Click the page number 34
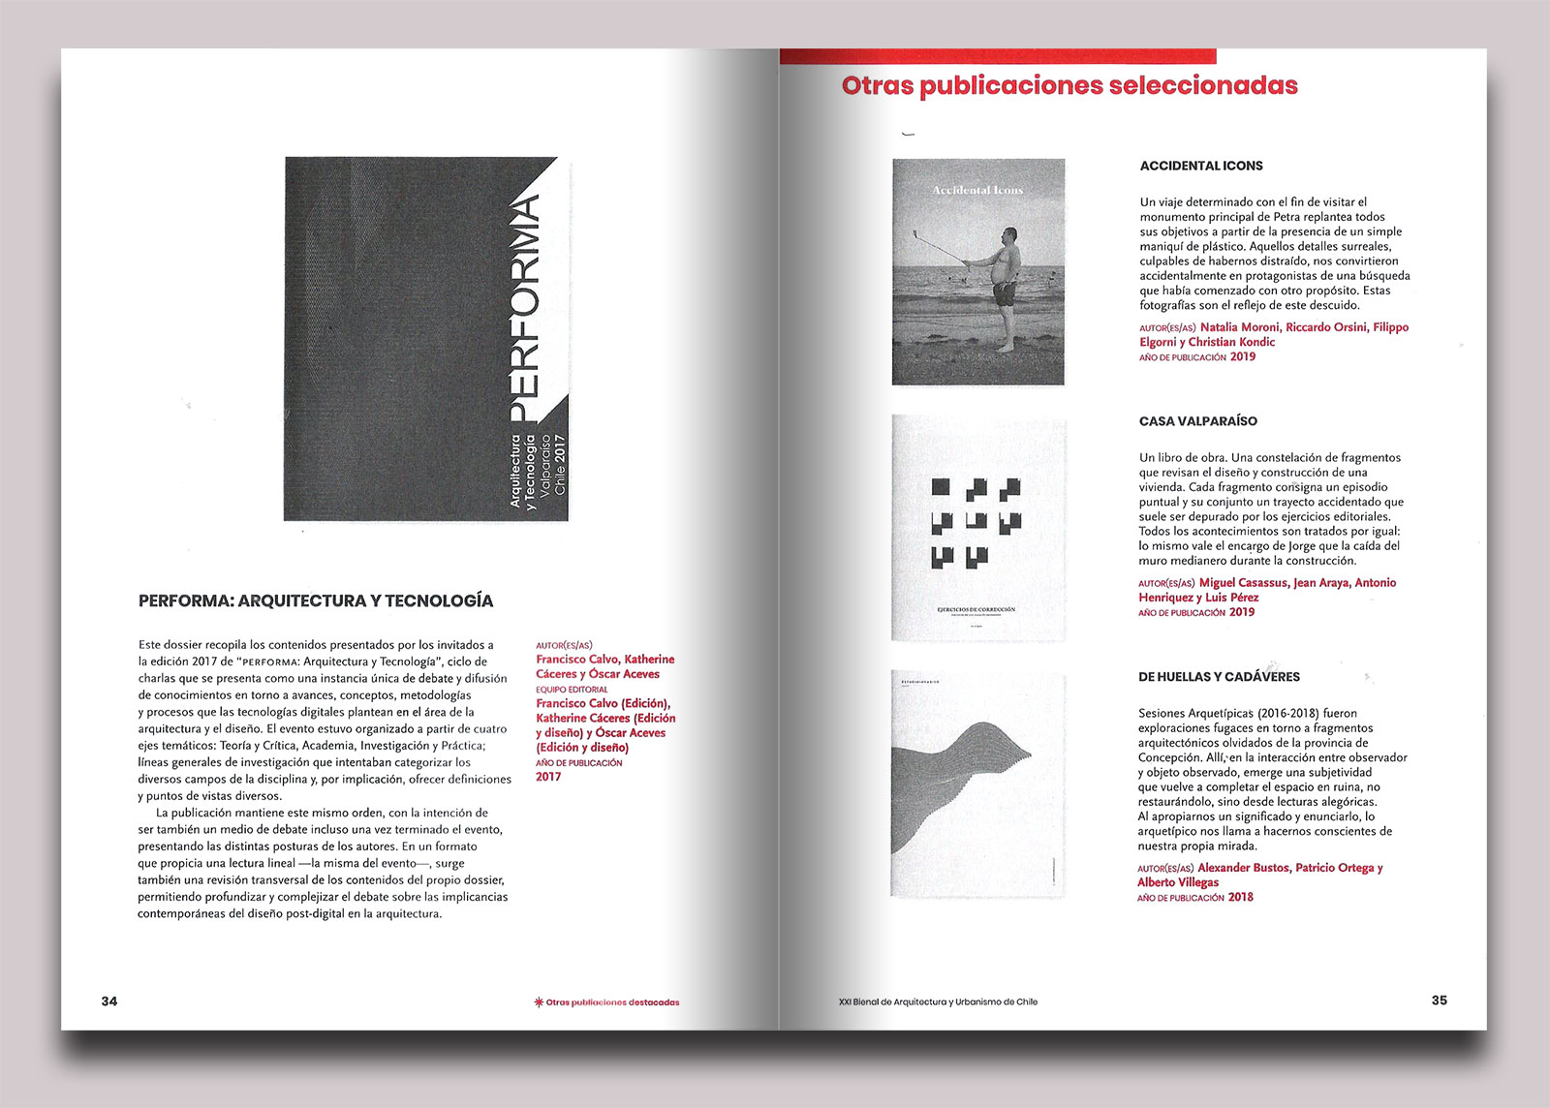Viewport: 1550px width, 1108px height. click(x=109, y=1000)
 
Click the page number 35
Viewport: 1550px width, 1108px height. click(x=1439, y=1000)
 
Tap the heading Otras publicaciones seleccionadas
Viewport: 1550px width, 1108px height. click(x=1069, y=85)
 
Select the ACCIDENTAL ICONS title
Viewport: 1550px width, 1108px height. click(x=1201, y=166)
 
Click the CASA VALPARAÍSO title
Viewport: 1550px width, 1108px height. click(x=1198, y=421)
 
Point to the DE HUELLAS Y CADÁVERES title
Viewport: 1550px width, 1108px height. click(x=1219, y=677)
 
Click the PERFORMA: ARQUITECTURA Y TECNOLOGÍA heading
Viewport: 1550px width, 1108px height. click(x=316, y=600)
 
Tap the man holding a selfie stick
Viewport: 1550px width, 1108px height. click(x=1007, y=281)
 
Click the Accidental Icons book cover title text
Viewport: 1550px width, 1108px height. click(x=977, y=190)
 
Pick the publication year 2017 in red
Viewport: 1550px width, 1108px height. click(x=548, y=777)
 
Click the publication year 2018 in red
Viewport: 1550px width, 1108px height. click(x=1241, y=897)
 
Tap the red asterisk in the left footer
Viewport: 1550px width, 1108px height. click(x=539, y=1002)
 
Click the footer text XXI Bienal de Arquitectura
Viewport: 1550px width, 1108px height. click(x=938, y=1001)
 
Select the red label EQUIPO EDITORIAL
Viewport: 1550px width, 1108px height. click(x=572, y=690)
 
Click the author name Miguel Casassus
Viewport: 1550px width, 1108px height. click(x=1243, y=583)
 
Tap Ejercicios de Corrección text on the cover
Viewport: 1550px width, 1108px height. click(x=976, y=609)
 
